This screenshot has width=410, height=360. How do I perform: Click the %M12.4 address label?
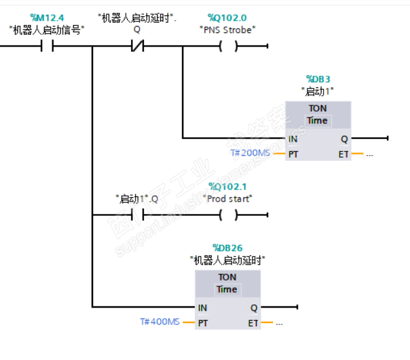(x=46, y=17)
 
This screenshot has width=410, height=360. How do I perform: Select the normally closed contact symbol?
(x=137, y=47)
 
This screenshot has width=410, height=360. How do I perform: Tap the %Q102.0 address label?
(x=227, y=17)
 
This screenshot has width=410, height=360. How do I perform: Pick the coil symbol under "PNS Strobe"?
(x=227, y=47)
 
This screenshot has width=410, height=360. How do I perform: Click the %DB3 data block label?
(x=318, y=79)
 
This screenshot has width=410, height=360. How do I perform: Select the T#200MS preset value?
(x=251, y=153)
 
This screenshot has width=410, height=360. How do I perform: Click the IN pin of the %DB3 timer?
(x=293, y=138)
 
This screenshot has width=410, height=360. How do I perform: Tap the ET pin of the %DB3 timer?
(x=343, y=154)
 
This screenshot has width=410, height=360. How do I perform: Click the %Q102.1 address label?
(x=227, y=187)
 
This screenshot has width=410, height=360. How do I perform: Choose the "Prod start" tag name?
(x=227, y=198)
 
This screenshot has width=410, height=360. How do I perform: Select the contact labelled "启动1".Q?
(x=137, y=215)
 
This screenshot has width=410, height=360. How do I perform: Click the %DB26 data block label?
(x=227, y=248)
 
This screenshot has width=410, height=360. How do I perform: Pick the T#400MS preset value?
(x=160, y=322)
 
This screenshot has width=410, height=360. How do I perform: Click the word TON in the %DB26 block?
(x=227, y=277)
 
